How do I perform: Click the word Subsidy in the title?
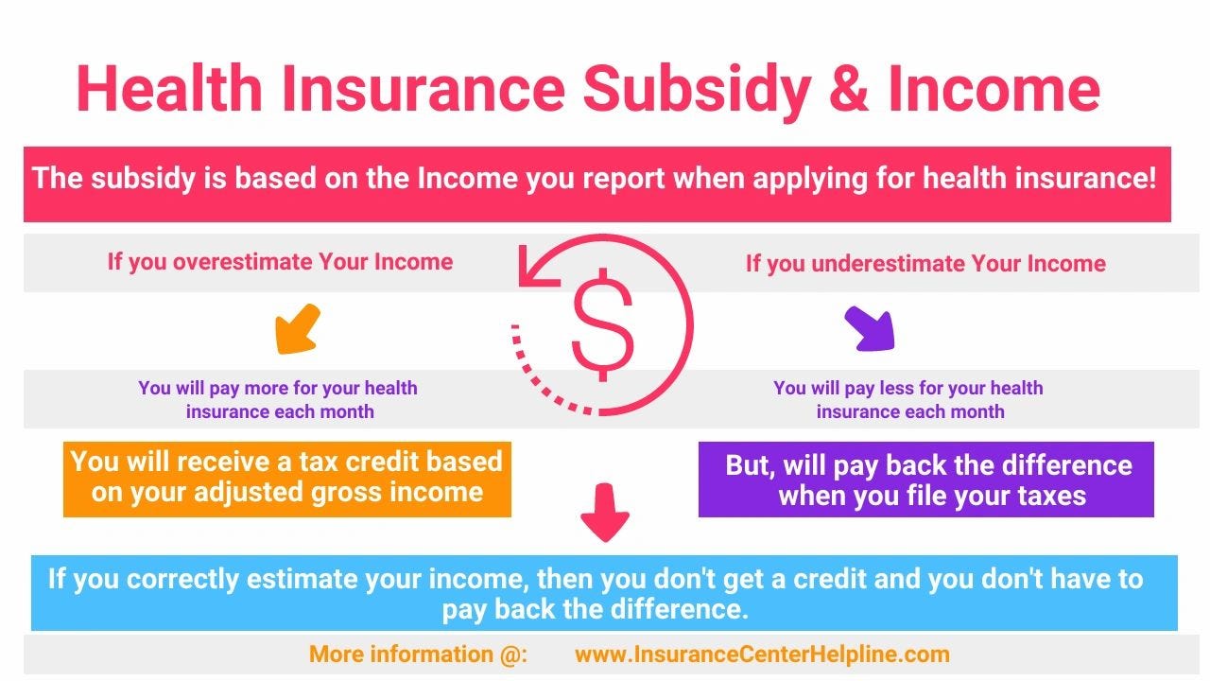tap(697, 90)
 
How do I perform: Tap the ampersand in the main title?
tap(849, 88)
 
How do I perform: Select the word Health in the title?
tap(169, 88)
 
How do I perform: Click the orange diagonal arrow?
tap(298, 329)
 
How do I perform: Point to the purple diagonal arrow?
tap(870, 328)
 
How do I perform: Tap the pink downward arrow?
tap(604, 513)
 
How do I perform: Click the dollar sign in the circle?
tap(602, 324)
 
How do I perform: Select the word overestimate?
tap(243, 262)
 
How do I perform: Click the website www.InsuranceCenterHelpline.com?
tap(762, 655)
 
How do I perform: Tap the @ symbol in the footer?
tap(510, 655)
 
